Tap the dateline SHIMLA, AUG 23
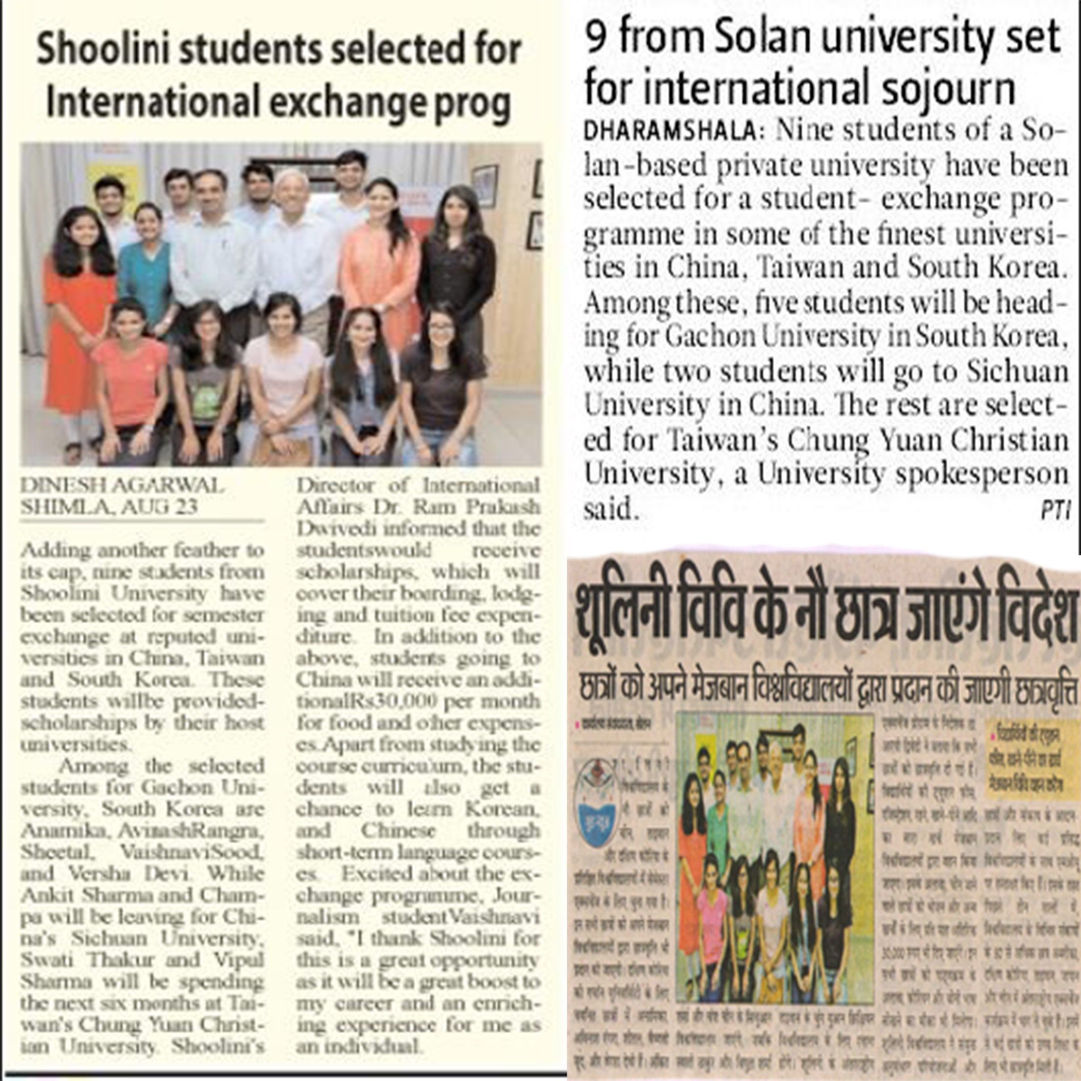(x=109, y=507)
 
